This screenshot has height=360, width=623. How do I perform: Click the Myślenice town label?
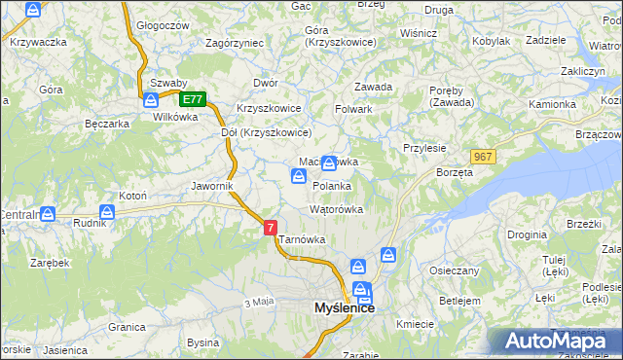coord(345,307)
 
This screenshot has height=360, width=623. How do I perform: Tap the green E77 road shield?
coord(194,98)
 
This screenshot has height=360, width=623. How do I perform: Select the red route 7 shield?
coord(271,227)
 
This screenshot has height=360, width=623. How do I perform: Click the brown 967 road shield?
coord(482,156)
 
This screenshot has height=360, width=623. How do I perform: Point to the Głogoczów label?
coord(163,26)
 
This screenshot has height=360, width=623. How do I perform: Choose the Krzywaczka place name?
coord(38,42)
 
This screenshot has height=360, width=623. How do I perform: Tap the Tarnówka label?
coord(302,239)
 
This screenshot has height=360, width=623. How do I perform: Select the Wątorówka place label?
coord(336,209)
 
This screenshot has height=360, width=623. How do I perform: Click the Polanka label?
coord(332,185)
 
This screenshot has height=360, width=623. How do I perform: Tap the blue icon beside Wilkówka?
coord(152,100)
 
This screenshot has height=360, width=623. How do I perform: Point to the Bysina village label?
coord(203,342)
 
